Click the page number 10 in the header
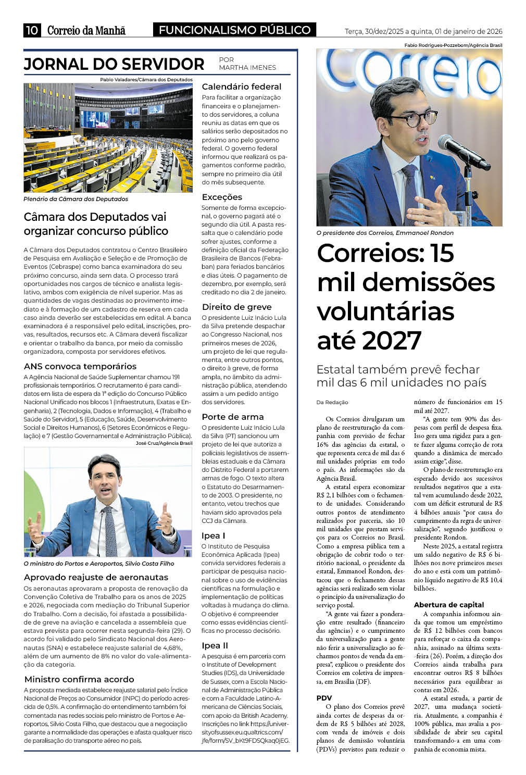click(32, 30)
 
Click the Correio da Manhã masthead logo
click(86, 30)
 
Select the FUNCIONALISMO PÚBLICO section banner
click(234, 30)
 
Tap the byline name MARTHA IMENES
click(247, 68)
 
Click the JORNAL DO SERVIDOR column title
click(114, 64)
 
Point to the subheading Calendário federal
click(241, 87)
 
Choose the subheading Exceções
click(222, 197)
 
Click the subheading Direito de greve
click(236, 307)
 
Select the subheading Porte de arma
click(233, 417)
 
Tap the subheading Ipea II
click(215, 646)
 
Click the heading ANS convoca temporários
click(80, 367)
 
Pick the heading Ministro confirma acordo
click(79, 680)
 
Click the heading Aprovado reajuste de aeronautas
click(96, 578)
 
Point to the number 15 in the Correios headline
click(442, 254)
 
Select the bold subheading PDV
click(324, 698)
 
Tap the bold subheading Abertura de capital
click(449, 605)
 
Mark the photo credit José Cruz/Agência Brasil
click(164, 443)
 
